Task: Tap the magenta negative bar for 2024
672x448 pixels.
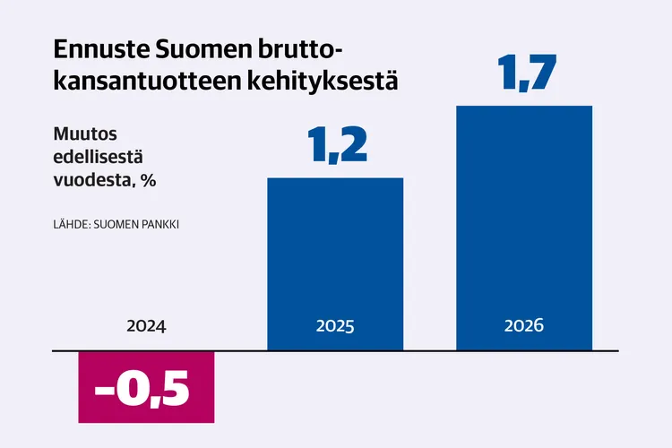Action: pyautogui.click(x=148, y=386)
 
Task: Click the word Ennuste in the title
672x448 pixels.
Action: pyautogui.click(x=99, y=48)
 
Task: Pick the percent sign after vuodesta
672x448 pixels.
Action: pyautogui.click(x=150, y=179)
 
